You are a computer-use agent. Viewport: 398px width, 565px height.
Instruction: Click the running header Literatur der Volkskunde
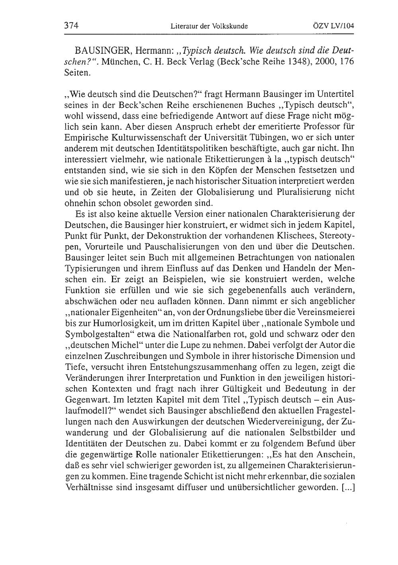tap(209, 27)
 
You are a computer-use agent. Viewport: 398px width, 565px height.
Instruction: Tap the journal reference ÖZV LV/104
tap(333, 27)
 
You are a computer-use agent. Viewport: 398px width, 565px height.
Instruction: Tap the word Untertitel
tap(335, 95)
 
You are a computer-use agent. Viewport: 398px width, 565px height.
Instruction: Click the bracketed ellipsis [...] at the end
tap(348, 487)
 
